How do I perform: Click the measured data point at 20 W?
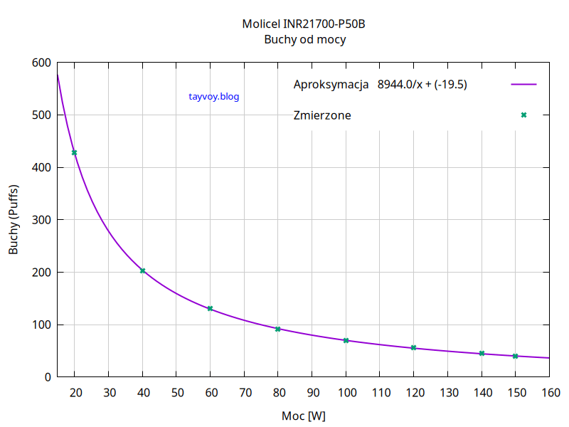tap(74, 152)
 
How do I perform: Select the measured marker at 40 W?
tap(142, 270)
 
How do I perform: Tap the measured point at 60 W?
tap(210, 308)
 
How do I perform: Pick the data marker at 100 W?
tap(346, 340)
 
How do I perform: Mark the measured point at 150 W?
tap(516, 356)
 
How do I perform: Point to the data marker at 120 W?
tap(413, 347)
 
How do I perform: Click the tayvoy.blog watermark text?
tap(214, 97)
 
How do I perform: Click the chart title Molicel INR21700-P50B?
tap(304, 24)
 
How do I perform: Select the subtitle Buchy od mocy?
tap(304, 40)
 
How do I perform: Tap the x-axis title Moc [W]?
tap(304, 415)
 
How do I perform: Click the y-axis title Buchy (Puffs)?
tap(14, 220)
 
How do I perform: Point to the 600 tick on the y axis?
tap(41, 63)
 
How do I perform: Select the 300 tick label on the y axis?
tap(41, 220)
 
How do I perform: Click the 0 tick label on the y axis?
tap(46, 377)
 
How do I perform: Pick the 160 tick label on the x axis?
tap(550, 393)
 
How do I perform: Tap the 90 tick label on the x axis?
tap(312, 393)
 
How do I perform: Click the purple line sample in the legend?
tap(523, 85)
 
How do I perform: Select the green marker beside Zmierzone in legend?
tap(523, 115)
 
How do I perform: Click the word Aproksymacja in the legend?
tap(331, 85)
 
